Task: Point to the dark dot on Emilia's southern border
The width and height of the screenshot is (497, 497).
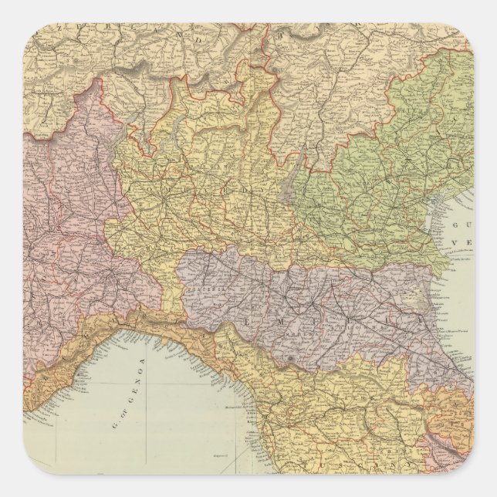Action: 288,360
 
